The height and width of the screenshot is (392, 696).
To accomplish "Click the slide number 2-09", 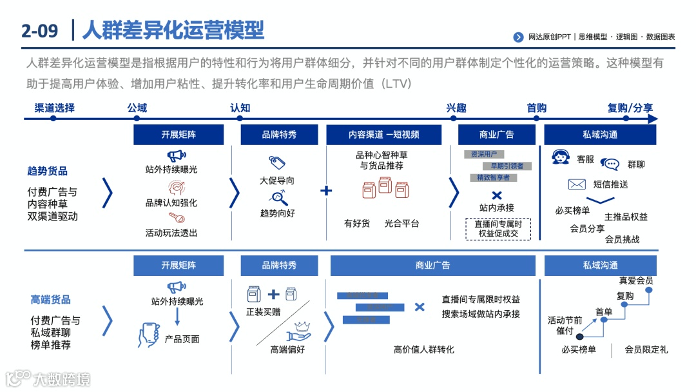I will pos(39,30).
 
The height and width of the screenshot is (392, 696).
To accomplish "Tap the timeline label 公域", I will pos(137,108).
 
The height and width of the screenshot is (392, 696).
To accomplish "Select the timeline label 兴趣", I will pos(456,108).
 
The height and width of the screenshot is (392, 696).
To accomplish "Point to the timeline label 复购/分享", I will pos(630,108).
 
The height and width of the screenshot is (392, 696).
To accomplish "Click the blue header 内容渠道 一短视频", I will pos(383,135).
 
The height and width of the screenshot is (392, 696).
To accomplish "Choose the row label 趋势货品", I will pos(47,171).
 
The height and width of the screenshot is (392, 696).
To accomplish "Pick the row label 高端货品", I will pos(51,299).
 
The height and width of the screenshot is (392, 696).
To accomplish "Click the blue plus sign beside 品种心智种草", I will pos(326,190).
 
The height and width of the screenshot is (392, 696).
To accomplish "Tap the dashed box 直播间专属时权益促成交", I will pos(498,229).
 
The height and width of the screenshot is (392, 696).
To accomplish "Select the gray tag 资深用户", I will pos(484,155).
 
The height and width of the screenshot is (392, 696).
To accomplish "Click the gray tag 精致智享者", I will pos(493,177).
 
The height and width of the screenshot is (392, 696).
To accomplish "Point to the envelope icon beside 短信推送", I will pos(576,184).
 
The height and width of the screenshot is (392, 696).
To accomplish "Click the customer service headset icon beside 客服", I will pos(561,157).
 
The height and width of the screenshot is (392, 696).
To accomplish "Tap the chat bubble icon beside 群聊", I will pos(609,164).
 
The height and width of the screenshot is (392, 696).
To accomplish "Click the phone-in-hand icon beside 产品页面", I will pos(149,335).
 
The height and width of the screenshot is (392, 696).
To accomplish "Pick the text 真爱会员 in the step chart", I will pos(635,280).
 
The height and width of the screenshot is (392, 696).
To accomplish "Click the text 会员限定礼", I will pos(646,350).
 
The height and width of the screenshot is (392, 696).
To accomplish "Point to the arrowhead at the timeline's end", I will pos(653,119).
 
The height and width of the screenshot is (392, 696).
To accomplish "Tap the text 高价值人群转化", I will pos(423,349).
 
